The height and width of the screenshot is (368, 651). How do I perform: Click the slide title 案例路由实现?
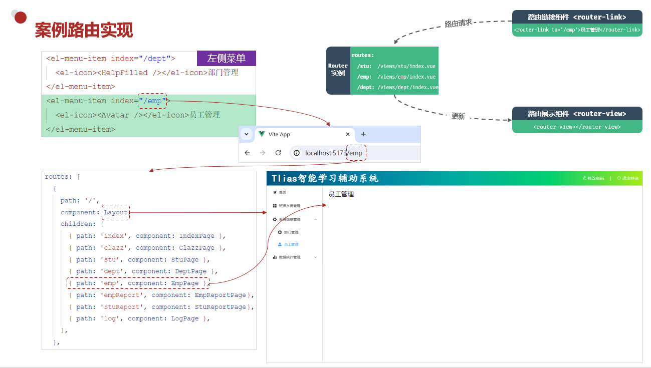pos(84,31)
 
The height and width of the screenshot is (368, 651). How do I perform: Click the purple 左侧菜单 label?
pos(227,59)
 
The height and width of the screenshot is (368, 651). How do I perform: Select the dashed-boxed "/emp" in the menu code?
pos(152,101)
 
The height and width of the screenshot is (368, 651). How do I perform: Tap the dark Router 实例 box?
pos(338,70)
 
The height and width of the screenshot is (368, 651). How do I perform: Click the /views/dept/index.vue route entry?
pos(407,87)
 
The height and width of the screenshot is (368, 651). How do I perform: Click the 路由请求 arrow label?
pos(458,23)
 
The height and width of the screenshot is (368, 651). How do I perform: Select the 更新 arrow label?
pos(458,116)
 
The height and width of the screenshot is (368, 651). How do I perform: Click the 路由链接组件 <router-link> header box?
pos(577,17)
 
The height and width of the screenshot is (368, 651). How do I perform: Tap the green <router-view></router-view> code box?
pos(577,127)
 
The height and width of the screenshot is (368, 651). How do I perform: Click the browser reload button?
pos(278,153)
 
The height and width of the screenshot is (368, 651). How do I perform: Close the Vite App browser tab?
pos(348,134)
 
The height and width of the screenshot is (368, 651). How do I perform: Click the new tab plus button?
pos(363,134)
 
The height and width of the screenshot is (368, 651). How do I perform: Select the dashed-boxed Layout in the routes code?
pos(116,212)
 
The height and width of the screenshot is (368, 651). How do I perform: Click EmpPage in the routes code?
pos(185,283)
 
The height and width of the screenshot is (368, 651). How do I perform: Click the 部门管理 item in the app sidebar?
pos(291,232)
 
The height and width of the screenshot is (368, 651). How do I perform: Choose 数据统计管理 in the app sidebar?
pos(290,257)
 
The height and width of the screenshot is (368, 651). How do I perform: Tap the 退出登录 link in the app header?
pos(630,178)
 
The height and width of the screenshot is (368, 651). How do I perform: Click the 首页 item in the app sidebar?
pos(283,192)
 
